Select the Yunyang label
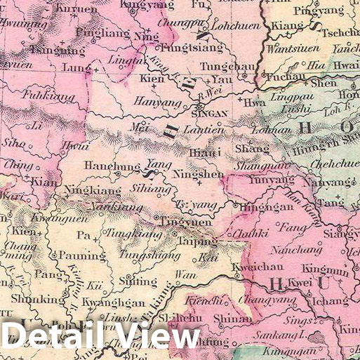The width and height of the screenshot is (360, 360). (x=258, y=180)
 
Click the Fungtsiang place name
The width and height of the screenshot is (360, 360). (x=191, y=49)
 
